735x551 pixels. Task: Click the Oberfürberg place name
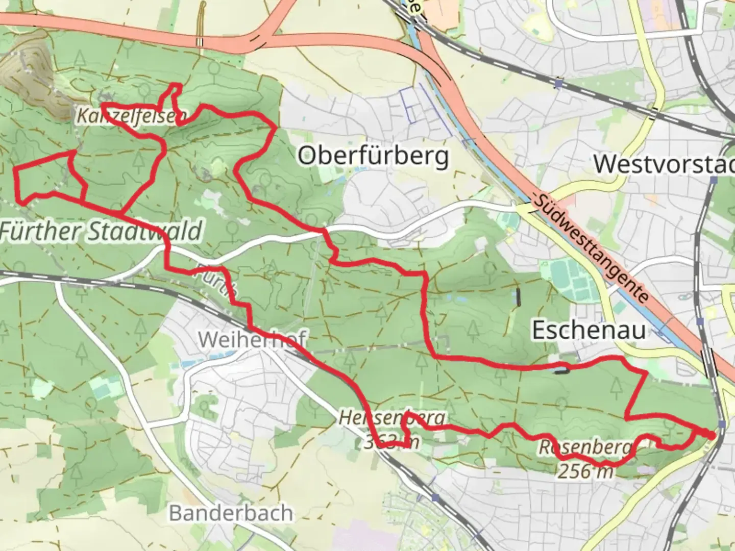(x=373, y=156)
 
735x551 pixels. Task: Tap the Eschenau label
(x=589, y=330)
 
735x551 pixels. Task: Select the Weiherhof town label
(x=252, y=339)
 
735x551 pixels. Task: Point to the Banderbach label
(x=231, y=513)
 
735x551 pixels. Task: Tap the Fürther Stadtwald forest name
(x=101, y=231)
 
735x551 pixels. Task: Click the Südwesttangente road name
(x=591, y=247)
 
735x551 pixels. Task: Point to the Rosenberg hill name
(x=585, y=447)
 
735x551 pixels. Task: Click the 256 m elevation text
(x=585, y=471)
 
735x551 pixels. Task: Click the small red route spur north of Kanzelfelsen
(x=172, y=94)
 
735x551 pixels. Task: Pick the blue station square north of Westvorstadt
(x=560, y=82)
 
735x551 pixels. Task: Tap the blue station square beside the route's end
(x=721, y=424)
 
